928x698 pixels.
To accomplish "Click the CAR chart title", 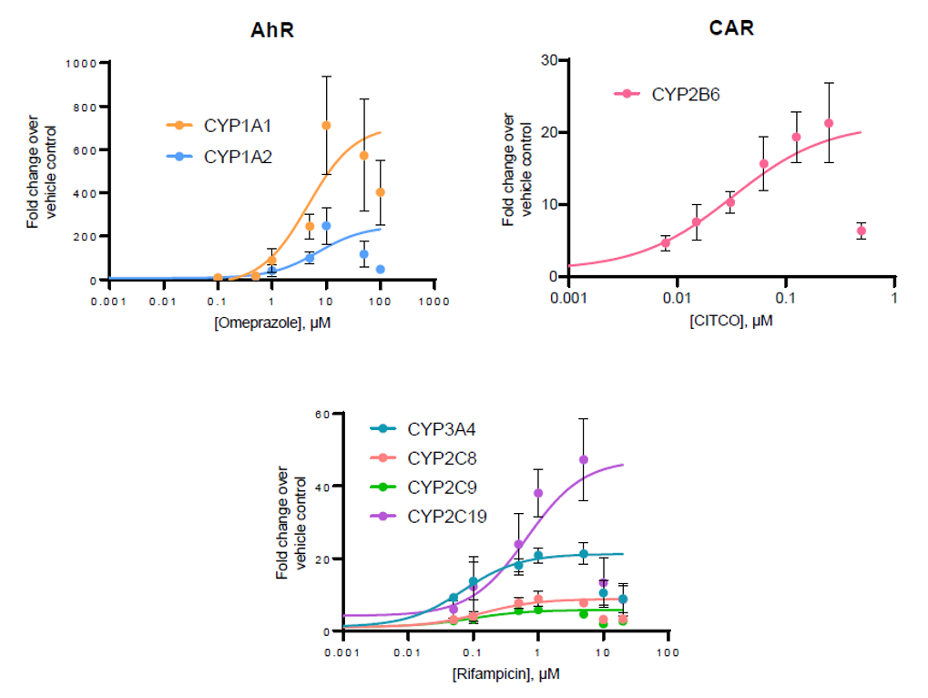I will [x=731, y=28].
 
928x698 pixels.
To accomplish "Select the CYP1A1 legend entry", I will [x=238, y=126].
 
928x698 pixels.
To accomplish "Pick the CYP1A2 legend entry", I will [x=238, y=157].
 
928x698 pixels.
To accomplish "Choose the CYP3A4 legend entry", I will [x=441, y=427].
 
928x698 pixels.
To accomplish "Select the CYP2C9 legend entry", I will [x=441, y=488].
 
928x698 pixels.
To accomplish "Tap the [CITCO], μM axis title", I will [x=731, y=322].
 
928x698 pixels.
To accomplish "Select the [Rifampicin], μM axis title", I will [x=505, y=675].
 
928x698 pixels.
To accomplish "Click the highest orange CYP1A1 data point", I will [x=326, y=126].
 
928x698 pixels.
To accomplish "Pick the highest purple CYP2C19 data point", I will [x=584, y=459].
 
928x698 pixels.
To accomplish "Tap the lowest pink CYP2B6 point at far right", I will [x=862, y=231].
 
